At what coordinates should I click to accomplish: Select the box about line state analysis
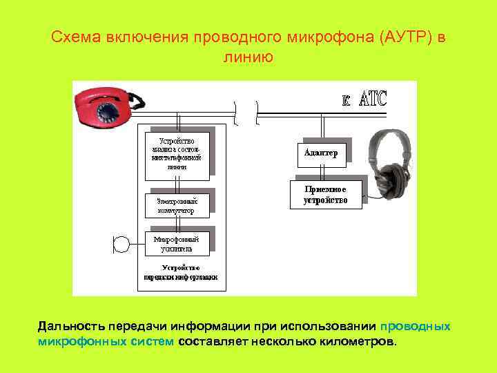tap(176, 153)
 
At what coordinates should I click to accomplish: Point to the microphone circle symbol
tap(121, 243)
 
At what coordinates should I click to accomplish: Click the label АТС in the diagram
tap(373, 98)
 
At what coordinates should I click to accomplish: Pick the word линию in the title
tap(248, 57)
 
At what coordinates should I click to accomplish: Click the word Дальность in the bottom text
tap(69, 326)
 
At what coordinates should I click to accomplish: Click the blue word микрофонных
tap(81, 341)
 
